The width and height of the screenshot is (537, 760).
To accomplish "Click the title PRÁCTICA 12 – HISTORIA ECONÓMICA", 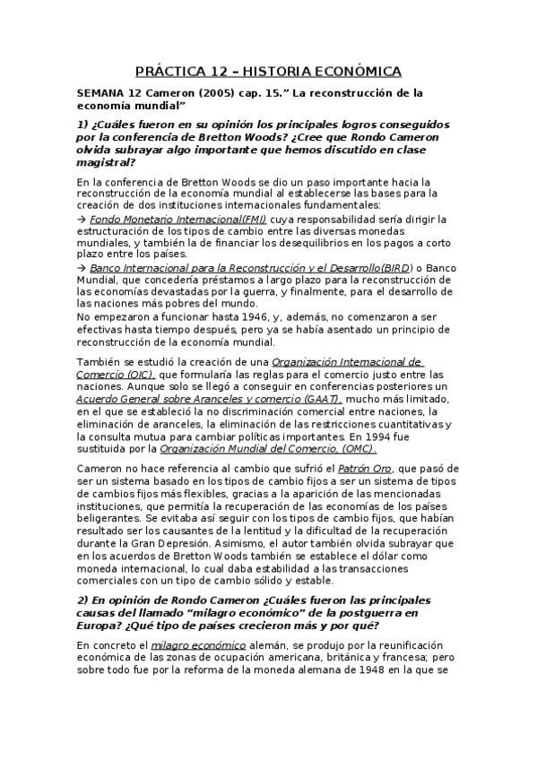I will (268, 71).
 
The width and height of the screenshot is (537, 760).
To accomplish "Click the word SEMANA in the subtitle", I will (101, 93).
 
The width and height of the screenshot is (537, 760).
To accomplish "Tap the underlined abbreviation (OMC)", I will (358, 448).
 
